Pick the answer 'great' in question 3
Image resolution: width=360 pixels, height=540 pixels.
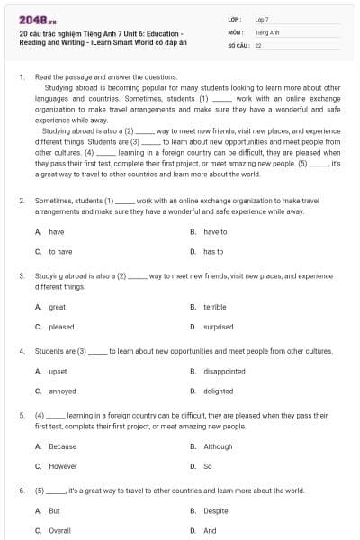pos(57,307)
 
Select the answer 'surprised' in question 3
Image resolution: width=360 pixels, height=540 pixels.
pos(218,328)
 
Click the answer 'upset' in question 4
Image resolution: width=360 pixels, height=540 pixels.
pos(58,371)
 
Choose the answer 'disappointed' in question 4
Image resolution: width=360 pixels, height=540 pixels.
pos(224,371)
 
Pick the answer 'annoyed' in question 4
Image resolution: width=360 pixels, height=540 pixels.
pos(62,391)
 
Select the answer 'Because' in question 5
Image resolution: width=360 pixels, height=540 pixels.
pos(62,446)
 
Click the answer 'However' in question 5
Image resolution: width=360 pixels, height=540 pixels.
pos(63,466)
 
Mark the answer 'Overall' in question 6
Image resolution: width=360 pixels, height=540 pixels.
pos(59,531)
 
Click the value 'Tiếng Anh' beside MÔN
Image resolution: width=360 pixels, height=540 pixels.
pos(265,31)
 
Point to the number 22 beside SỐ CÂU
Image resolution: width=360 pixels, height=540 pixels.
pos(258,45)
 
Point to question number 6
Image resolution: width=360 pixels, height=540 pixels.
pos(21,490)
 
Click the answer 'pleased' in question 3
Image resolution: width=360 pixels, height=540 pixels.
pos(61,328)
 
